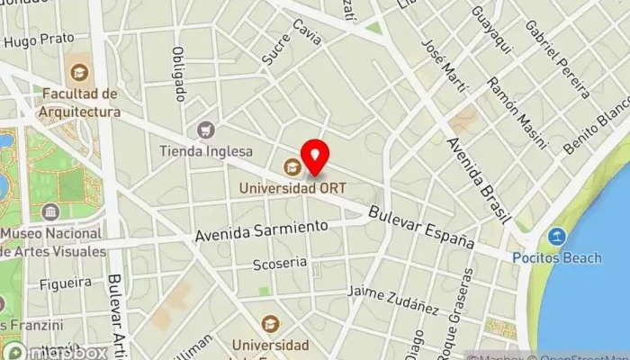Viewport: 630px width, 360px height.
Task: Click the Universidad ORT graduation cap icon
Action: pyautogui.click(x=292, y=166)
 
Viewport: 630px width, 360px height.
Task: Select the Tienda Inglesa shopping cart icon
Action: pyautogui.click(x=206, y=130)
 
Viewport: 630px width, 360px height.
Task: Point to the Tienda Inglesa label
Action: pyautogui.click(x=206, y=151)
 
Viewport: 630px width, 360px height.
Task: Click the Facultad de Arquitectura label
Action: pyautogui.click(x=79, y=103)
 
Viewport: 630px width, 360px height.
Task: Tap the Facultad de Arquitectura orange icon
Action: pyautogui.click(x=79, y=71)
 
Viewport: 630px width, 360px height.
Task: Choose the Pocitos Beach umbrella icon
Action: pyautogui.click(x=557, y=237)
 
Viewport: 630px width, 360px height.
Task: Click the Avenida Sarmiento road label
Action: pyautogui.click(x=262, y=231)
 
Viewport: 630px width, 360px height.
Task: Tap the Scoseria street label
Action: pyautogui.click(x=280, y=265)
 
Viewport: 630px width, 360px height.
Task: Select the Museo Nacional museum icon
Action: pyautogui.click(x=50, y=211)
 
